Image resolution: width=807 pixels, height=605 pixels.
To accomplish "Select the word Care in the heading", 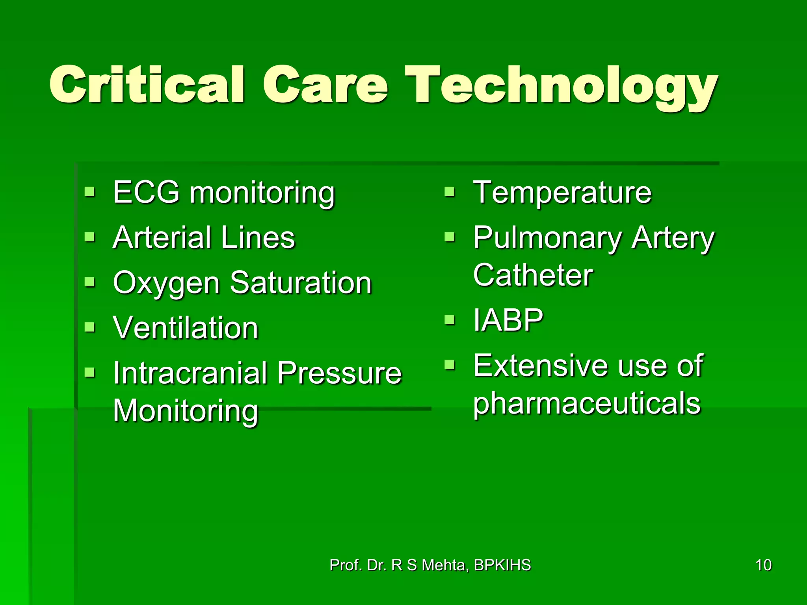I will coord(325,86).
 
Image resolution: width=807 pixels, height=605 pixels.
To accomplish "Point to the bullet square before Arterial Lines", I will coord(90,237).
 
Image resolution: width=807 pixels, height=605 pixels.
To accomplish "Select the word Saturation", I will coord(301,283).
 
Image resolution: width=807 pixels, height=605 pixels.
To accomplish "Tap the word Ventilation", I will coord(185,328).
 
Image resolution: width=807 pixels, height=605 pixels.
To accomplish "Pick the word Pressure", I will coord(339,373).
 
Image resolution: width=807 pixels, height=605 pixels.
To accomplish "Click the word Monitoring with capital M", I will coord(185,410).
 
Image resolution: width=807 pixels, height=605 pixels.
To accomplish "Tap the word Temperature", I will coord(562,192).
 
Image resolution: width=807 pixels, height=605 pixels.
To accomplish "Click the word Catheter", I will coord(533,275).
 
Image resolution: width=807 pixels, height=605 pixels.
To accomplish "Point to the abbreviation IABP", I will coord(508,320).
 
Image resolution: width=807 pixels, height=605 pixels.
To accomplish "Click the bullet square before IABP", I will coord(449,319).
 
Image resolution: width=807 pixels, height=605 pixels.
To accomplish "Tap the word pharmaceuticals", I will coord(587,404).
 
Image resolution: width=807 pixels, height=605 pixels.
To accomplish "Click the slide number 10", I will coord(763,565).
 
